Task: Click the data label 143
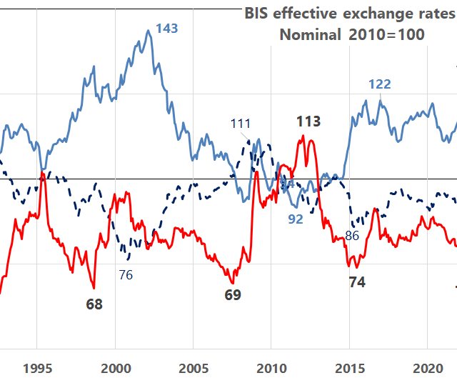click(x=166, y=29)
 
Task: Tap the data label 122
click(x=379, y=84)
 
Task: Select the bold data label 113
click(x=308, y=121)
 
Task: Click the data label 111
click(x=241, y=124)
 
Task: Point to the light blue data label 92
click(x=296, y=219)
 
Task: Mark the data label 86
click(x=351, y=235)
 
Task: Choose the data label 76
click(x=126, y=274)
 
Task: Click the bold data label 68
click(x=94, y=304)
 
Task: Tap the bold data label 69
click(x=233, y=294)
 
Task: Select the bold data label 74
click(x=357, y=283)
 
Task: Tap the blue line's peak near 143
click(x=148, y=31)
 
